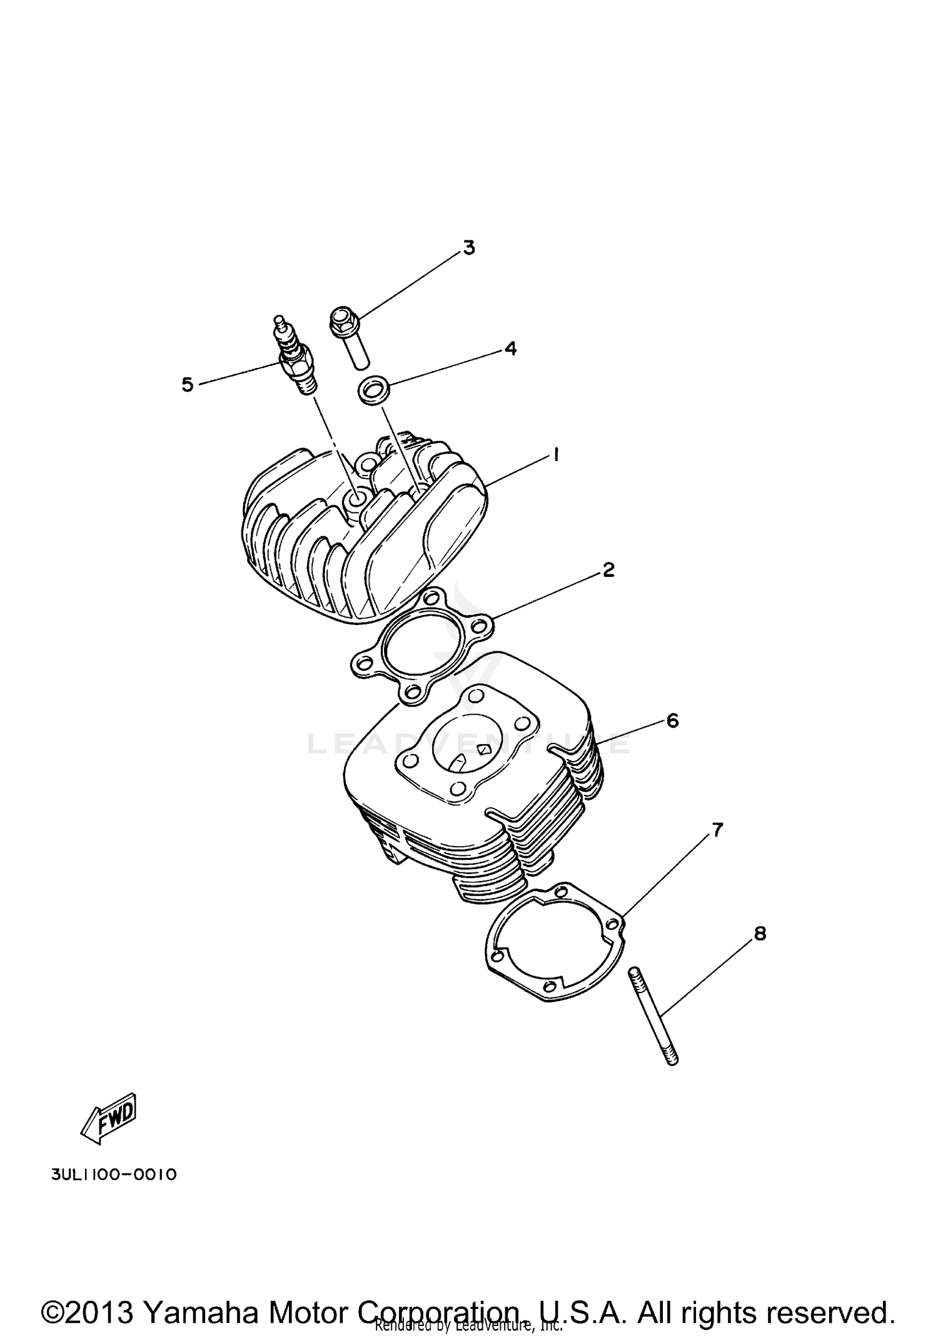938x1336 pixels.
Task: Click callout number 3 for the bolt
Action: (x=468, y=248)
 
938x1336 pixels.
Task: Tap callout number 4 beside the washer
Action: (x=511, y=349)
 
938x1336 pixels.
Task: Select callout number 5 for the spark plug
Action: (x=188, y=384)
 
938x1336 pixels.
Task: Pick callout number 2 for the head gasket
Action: (x=608, y=569)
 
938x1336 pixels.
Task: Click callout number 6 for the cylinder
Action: (x=672, y=721)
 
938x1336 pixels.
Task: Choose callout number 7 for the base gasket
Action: (x=717, y=830)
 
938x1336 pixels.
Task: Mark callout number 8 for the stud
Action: (x=760, y=934)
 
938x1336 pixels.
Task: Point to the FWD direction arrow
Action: (x=109, y=1118)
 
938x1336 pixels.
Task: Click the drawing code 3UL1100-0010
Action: (x=114, y=1175)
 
